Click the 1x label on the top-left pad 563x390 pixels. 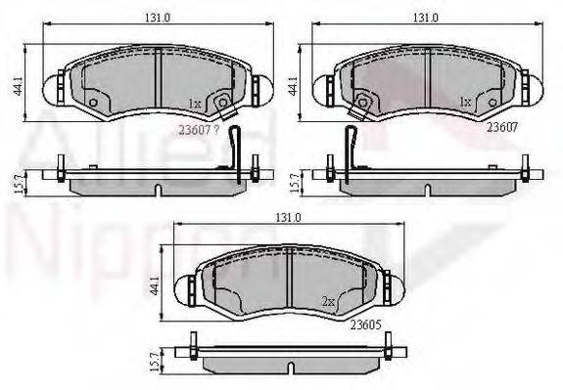[195, 103]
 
